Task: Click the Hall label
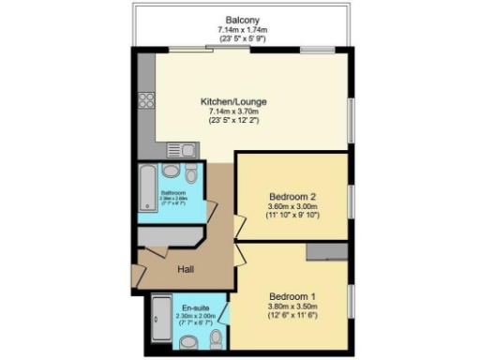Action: click(187, 270)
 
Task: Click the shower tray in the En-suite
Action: click(159, 322)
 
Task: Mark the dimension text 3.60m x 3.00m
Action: click(292, 208)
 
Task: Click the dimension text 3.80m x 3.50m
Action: click(292, 307)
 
